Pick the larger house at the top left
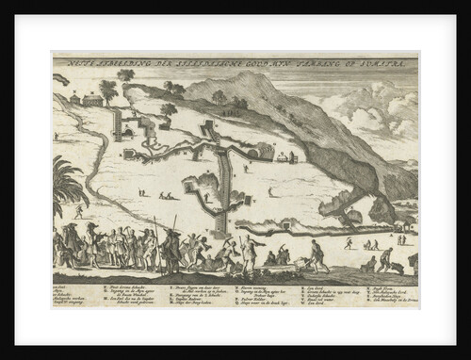92,99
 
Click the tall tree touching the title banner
125,75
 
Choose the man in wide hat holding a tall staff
171,247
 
